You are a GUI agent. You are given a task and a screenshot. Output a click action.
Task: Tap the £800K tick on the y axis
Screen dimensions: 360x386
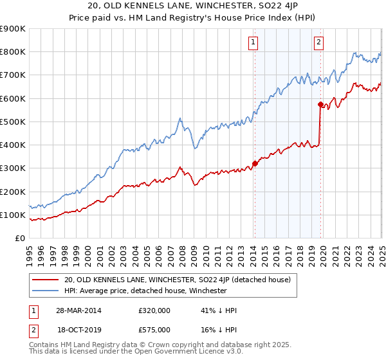[x=13, y=52]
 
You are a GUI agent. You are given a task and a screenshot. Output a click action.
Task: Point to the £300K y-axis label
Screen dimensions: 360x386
[x=13, y=168]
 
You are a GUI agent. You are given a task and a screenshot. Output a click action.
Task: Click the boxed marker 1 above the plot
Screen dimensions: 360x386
[x=254, y=43]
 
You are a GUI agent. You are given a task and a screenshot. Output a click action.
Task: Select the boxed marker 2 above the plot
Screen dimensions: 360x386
[x=319, y=43]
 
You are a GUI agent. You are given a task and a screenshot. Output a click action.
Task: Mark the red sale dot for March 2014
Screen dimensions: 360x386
[x=255, y=163]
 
